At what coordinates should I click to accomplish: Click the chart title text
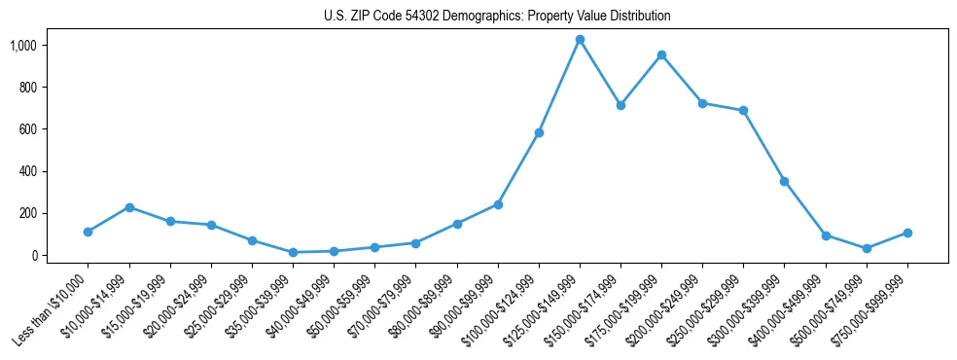[497, 17]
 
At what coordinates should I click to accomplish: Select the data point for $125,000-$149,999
[580, 40]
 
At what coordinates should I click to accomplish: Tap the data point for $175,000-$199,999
[661, 55]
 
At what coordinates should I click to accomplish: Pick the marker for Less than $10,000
[88, 232]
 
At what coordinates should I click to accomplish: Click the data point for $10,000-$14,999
[129, 207]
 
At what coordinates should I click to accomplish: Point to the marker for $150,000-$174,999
[620, 105]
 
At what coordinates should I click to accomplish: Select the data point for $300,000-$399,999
[784, 181]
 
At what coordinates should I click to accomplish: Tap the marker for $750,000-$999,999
[907, 233]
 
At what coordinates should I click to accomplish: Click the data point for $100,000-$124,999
[539, 132]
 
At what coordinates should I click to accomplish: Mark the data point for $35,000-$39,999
[293, 252]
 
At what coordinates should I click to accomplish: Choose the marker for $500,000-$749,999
[867, 248]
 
